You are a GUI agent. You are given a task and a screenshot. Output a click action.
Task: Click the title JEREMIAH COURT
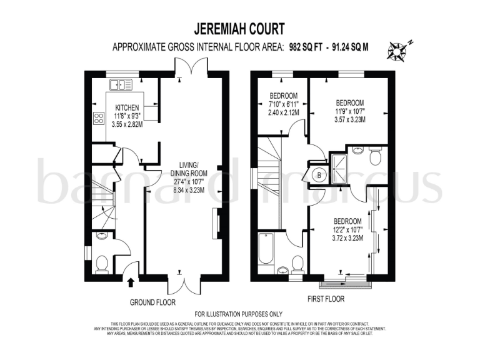click(x=240, y=29)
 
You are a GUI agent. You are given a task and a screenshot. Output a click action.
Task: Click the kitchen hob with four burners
click(x=99, y=118)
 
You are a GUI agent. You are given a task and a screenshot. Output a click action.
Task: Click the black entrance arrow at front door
click(x=131, y=282)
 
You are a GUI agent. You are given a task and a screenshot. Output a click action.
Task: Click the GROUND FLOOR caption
click(x=152, y=302)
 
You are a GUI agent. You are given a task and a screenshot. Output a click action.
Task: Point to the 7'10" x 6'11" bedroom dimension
click(x=283, y=103)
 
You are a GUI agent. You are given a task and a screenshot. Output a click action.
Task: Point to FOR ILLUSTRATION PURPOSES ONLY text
click(x=239, y=314)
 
